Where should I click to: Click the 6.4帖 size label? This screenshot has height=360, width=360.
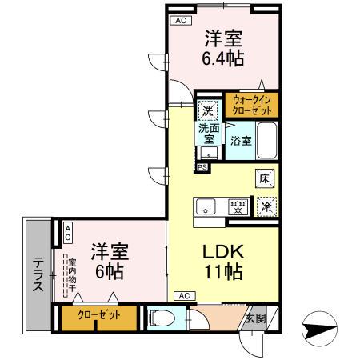pos(223,58)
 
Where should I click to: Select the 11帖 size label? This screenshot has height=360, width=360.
pos(222,271)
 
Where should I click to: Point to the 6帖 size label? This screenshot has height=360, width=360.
pos(109,271)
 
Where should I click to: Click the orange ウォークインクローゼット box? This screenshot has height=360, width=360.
pos(250,104)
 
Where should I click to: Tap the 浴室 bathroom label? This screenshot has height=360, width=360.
pos(242,140)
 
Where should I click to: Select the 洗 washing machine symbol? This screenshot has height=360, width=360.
pos(207,110)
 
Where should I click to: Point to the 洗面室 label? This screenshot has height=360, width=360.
pos(209,132)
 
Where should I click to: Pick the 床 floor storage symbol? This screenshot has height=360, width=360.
pos(264,179)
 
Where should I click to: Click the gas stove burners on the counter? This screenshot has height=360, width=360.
pos(237,206)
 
